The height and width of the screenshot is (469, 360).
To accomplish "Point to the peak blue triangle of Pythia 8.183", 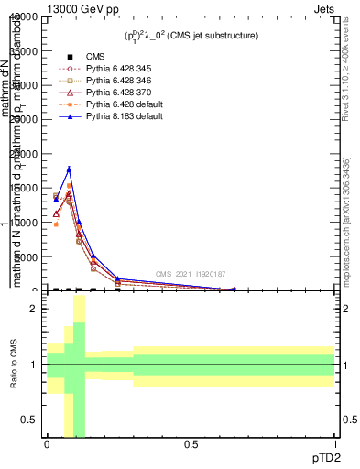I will pos(69,169).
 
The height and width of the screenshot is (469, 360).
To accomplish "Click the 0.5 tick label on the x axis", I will pos(191,444).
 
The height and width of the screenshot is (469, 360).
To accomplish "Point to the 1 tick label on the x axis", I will pos(335,444).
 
